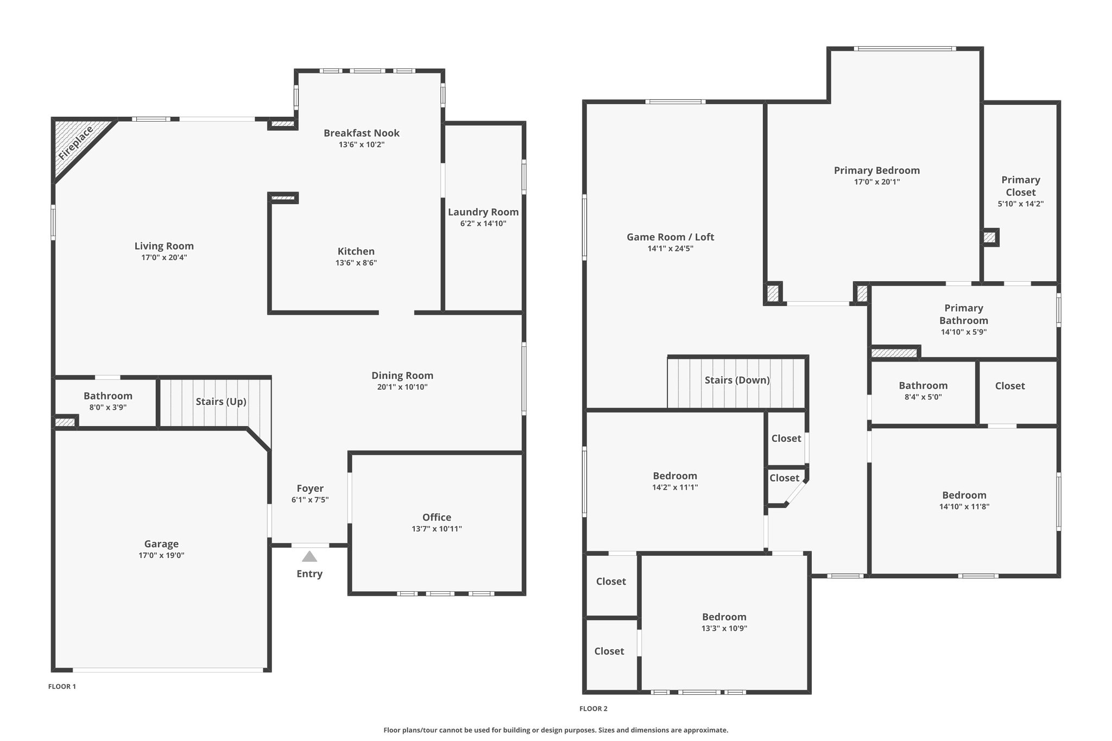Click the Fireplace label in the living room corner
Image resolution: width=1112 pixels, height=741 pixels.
76,143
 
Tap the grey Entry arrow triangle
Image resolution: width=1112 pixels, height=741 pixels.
309,556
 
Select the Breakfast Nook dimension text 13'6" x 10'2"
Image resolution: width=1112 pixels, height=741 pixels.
362,144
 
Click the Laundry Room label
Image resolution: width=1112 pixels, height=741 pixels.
483,212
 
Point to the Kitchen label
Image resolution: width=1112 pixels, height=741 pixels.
356,251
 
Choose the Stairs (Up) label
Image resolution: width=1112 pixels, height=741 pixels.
221,402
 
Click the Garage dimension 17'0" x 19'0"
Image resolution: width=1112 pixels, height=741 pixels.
161,555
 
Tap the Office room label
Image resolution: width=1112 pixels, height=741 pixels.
437,517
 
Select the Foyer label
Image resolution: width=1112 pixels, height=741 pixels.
310,489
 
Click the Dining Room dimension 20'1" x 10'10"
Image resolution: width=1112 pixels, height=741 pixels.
402,387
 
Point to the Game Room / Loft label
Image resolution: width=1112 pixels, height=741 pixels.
671,237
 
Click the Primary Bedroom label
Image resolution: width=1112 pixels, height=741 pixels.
877,170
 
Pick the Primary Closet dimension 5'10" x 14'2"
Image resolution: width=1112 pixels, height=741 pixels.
1021,204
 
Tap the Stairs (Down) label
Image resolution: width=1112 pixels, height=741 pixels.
737,380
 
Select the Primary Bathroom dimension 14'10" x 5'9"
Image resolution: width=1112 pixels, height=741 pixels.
964,332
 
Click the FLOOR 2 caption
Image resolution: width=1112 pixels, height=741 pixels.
593,708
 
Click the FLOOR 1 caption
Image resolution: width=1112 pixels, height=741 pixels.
62,687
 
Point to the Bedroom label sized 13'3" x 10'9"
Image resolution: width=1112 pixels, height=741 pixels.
724,617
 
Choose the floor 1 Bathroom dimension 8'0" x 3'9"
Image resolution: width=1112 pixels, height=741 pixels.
108,407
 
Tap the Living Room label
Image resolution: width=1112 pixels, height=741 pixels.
164,246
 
